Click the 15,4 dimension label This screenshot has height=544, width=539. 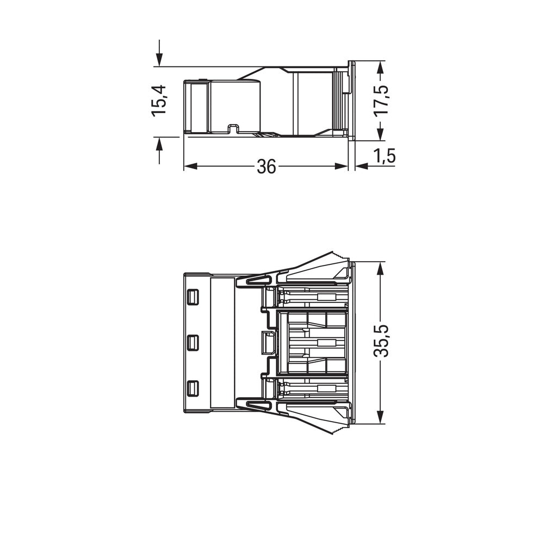click(159, 100)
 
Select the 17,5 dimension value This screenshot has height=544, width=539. click(386, 98)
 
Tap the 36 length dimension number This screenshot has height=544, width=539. click(266, 167)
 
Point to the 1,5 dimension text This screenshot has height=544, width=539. click(384, 156)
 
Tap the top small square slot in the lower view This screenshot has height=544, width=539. click(192, 297)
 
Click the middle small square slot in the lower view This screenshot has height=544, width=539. click(192, 343)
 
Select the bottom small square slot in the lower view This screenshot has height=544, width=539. click(192, 389)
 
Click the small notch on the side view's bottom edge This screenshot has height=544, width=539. click(233, 129)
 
